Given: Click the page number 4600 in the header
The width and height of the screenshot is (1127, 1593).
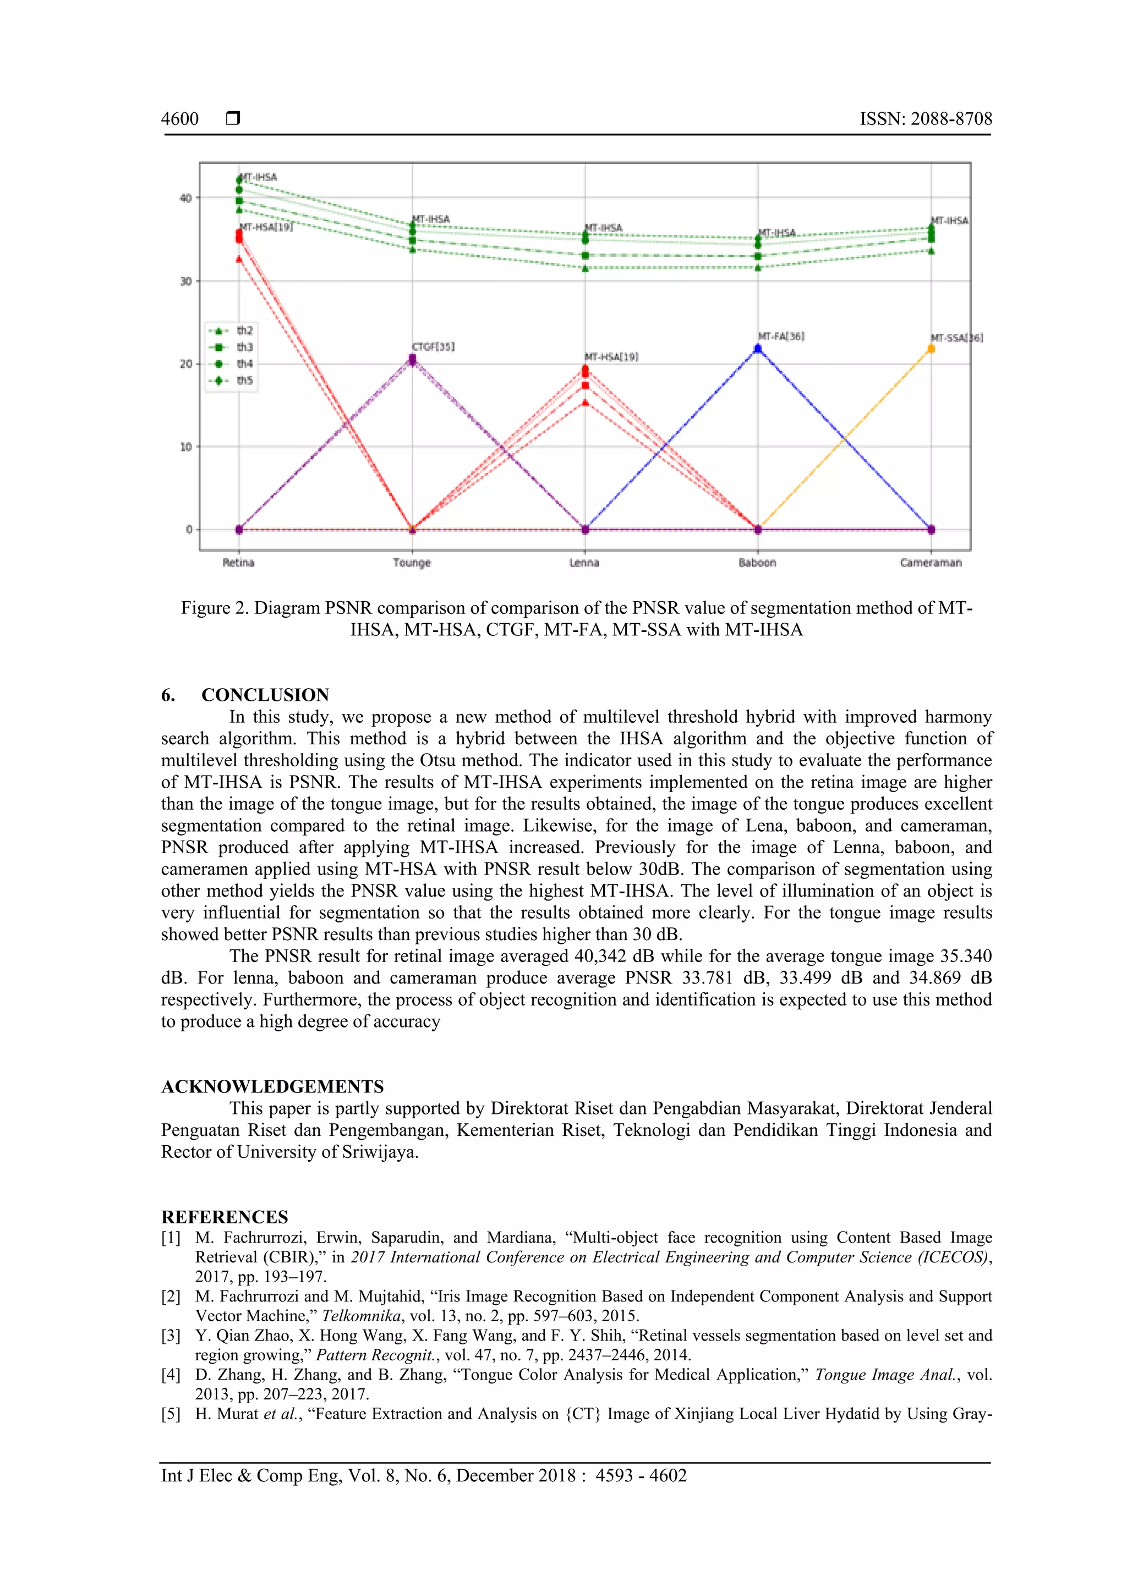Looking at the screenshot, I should pos(180,119).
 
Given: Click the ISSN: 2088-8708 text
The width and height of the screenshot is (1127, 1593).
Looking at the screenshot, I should pos(926,119).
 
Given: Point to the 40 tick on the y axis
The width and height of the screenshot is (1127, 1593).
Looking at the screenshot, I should pos(185,199).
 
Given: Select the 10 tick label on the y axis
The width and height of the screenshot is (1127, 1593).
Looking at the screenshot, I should pos(185,447).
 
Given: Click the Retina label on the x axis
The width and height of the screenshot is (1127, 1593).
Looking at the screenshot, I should pos(238,563).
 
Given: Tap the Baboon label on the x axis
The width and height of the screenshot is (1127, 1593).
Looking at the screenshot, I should pos(757,563).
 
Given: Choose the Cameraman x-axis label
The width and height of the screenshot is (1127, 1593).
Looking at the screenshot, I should pos(931,563).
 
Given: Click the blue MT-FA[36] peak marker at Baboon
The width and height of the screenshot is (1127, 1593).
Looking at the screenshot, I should pos(758,349).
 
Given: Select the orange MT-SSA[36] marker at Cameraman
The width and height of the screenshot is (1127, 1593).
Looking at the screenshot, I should pos(931,349).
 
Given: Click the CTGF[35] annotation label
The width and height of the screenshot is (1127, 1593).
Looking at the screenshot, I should pos(433,346).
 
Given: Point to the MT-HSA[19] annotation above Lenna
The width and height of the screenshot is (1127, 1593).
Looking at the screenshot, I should pos(611,356).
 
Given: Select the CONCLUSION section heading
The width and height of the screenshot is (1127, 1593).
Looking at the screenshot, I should pos(265,695).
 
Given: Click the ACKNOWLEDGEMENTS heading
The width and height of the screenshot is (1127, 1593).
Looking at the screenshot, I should pos(272,1086).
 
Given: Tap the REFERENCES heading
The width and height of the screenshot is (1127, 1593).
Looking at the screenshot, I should pos(224,1217).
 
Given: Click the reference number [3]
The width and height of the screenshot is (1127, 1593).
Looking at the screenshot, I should pos(171,1336).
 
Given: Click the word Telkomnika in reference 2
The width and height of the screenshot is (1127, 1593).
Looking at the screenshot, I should pos(361,1315).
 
